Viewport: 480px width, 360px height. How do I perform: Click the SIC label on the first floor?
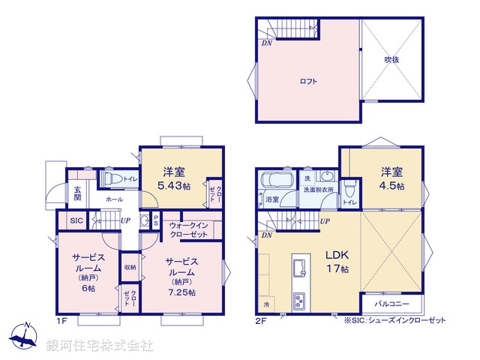coord(76,221)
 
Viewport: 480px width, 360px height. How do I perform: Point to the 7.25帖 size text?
coord(181,292)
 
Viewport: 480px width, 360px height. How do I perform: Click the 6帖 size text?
coord(88,288)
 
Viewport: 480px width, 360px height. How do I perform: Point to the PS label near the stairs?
coord(155,220)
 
